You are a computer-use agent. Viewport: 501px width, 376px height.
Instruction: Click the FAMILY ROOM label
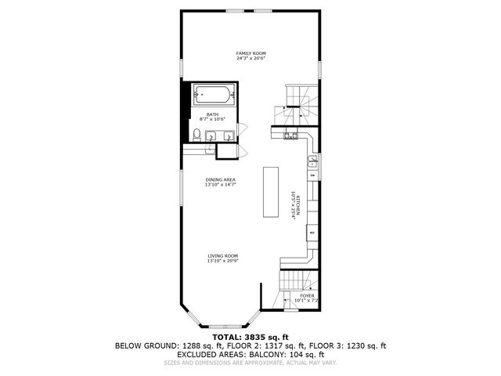(251, 53)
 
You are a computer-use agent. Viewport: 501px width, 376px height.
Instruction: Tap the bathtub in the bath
(213, 97)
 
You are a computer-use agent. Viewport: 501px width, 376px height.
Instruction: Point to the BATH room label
(213, 114)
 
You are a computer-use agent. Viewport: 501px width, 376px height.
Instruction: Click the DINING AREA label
(221, 179)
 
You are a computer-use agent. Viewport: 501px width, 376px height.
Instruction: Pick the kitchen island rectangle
(272, 193)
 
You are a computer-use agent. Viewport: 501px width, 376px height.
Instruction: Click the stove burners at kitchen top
(292, 135)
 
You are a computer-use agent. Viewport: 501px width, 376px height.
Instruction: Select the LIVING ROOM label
(222, 256)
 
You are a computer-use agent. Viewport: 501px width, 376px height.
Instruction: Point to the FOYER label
(307, 295)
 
